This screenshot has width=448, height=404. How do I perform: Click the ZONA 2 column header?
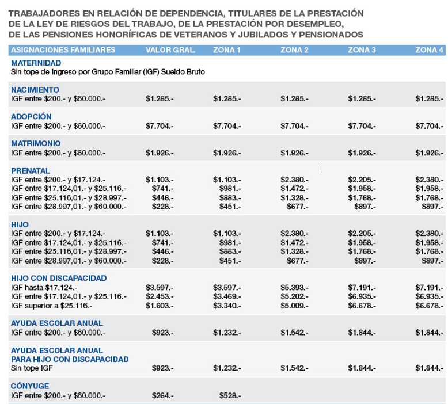(x=294, y=51)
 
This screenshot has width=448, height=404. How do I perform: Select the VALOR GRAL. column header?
(x=170, y=51)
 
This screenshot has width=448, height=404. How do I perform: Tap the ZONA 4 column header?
(x=429, y=51)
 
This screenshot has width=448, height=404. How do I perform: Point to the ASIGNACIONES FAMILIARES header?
(x=63, y=51)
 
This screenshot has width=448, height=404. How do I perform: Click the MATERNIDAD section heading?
(x=36, y=63)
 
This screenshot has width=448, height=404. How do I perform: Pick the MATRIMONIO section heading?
(x=36, y=143)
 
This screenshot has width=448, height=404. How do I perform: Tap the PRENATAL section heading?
(x=31, y=170)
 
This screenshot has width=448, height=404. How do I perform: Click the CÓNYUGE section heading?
(x=30, y=386)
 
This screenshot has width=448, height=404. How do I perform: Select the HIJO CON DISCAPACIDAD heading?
(x=59, y=278)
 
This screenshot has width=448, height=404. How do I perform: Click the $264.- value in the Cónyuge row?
(x=162, y=395)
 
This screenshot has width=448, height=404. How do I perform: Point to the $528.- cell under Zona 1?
(x=230, y=395)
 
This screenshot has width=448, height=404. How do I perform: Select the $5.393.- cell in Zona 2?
(x=294, y=287)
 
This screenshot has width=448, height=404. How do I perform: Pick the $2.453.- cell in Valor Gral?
(x=160, y=296)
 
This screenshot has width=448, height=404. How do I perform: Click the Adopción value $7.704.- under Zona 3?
(x=362, y=125)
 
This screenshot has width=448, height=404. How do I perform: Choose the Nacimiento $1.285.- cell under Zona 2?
(x=294, y=98)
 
